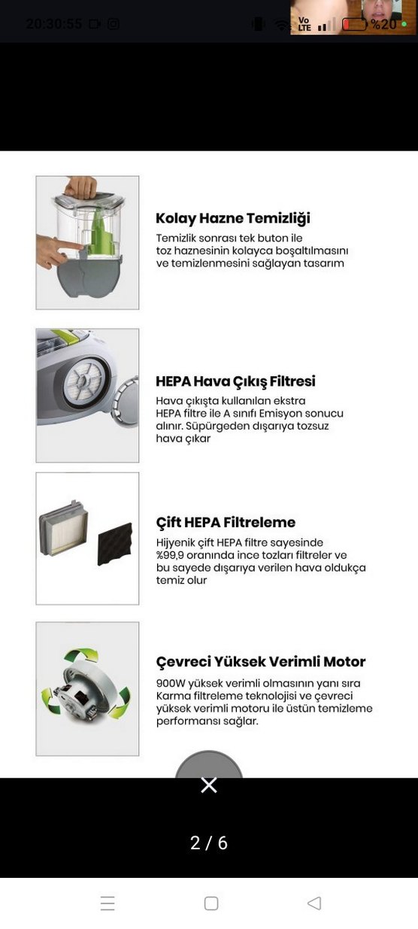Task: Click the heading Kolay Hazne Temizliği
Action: point(232,219)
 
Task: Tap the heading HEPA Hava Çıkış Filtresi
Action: point(235,381)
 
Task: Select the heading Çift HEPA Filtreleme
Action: point(226,523)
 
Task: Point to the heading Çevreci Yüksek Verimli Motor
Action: point(260,662)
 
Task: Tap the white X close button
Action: point(209,785)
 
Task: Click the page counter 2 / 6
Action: point(209,842)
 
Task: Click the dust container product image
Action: point(87,242)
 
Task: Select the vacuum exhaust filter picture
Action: point(87,395)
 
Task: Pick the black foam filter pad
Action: point(114,543)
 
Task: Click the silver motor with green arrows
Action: point(85,687)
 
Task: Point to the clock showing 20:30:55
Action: point(54,23)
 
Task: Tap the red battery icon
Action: point(353,24)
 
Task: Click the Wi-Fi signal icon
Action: point(282,25)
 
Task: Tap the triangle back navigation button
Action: point(314,903)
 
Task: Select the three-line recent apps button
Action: point(108,903)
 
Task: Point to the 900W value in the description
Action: point(170,683)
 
